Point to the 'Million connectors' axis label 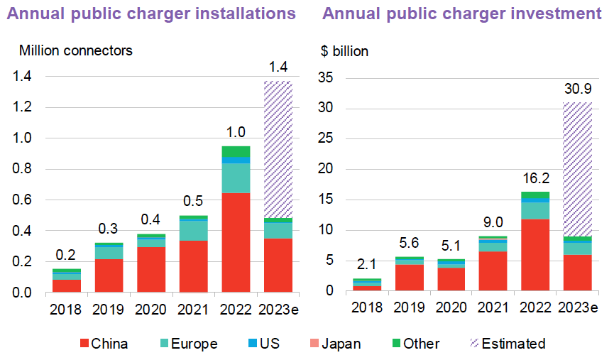(x=75, y=50)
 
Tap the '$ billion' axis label (x=345, y=51)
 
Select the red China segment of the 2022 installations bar (x=236, y=241)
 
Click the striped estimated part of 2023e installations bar (x=278, y=149)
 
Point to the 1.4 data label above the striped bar (x=278, y=68)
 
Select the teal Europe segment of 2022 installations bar (x=236, y=178)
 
